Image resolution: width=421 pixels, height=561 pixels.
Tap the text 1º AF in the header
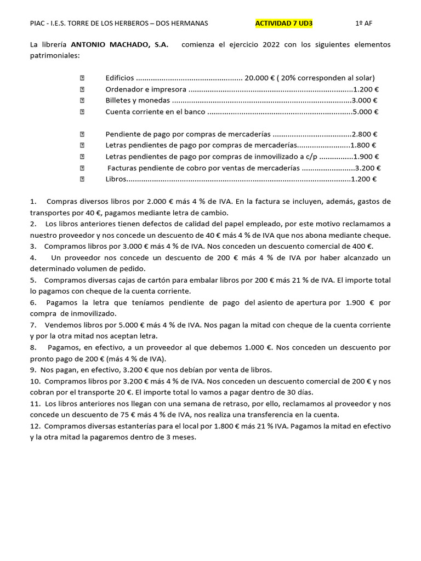pos(363,24)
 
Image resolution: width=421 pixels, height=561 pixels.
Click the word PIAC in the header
pos(38,24)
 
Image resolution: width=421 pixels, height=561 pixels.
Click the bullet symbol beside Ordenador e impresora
pos(82,89)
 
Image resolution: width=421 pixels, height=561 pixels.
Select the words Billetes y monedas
pos(138,100)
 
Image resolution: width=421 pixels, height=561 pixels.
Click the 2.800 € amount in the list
pos(365,134)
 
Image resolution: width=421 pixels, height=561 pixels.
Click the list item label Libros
pos(116,179)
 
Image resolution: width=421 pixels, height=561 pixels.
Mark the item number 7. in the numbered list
pos(33,325)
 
